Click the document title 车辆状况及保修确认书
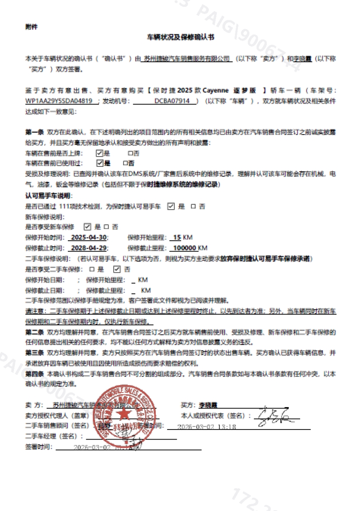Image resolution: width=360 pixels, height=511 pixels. [x=181, y=37]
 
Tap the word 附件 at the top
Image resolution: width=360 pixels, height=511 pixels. [x=31, y=27]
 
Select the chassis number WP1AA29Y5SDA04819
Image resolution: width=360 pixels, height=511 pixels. [x=59, y=101]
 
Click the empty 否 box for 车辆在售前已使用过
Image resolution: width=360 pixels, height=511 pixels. [x=125, y=163]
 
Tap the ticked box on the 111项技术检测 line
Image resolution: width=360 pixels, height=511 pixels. [x=171, y=206]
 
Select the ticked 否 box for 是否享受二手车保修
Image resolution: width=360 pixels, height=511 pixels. [x=117, y=269]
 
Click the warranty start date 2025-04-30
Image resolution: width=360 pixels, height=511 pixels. [x=89, y=238]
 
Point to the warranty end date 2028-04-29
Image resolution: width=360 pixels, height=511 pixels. [x=89, y=248]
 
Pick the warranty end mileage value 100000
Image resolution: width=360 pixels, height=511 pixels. [x=185, y=248]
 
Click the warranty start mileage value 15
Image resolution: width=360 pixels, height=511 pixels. [x=176, y=238]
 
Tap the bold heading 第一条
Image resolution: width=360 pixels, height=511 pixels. [x=34, y=132]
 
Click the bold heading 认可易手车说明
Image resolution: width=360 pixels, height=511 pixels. [x=49, y=196]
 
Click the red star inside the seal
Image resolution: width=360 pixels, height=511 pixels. [x=122, y=414]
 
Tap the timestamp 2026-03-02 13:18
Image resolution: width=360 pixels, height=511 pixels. [x=207, y=427]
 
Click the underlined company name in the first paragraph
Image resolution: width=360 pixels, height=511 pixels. [x=188, y=59]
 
